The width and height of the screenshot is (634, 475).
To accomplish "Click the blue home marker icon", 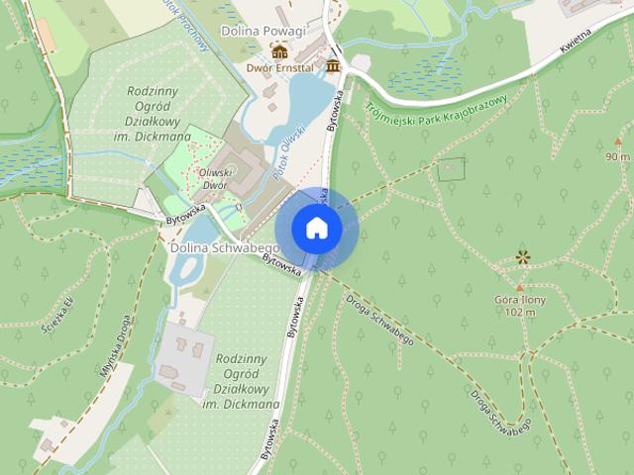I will [x=316, y=228].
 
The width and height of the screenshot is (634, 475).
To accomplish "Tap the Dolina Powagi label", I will [x=263, y=32].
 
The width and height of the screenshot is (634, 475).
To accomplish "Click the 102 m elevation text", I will [x=520, y=313].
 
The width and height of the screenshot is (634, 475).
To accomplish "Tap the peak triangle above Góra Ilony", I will [x=519, y=286].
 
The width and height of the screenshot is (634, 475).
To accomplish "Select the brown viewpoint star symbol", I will [x=522, y=258].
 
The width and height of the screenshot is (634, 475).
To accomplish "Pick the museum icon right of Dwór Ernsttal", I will [x=332, y=66].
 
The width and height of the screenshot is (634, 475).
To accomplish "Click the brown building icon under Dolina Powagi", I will [x=280, y=50].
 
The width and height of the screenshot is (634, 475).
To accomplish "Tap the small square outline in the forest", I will [x=451, y=168].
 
